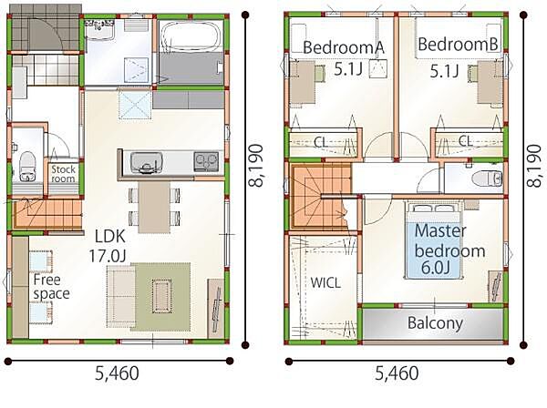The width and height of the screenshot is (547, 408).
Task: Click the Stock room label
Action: click(63, 174)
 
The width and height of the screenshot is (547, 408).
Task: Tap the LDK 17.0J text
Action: click(108, 246)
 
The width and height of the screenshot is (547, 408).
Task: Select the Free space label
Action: click(51, 286)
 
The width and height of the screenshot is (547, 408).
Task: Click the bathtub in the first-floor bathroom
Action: click(191, 36)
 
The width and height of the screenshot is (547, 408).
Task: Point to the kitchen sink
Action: click(146, 163)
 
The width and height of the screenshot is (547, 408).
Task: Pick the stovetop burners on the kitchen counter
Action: click(206, 162)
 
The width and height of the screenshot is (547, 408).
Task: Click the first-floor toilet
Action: click(27, 167)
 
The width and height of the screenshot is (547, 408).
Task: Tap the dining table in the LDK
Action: click(154, 207)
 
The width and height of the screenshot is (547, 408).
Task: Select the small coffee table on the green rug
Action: click(162, 296)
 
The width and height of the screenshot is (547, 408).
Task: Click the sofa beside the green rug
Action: click(120, 296)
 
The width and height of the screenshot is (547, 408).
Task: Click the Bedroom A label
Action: click(344, 47)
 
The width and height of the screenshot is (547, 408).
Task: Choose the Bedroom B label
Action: click(458, 45)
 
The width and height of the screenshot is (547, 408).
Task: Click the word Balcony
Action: click(436, 323)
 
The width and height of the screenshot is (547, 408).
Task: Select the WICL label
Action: click(325, 283)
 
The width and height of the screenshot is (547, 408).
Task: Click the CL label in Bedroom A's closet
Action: click(320, 142)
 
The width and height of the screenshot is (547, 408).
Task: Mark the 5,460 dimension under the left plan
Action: click(117, 373)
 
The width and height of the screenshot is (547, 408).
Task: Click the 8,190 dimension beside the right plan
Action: click(533, 166)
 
